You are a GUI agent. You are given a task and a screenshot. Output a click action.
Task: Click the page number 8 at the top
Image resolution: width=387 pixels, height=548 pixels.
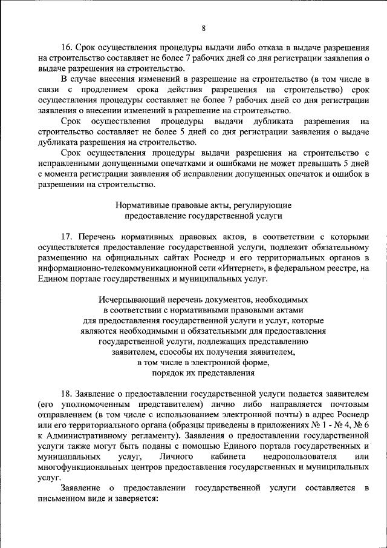coord(203,28)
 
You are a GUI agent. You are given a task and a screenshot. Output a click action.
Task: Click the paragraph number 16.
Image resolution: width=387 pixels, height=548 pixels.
coord(67,47)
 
